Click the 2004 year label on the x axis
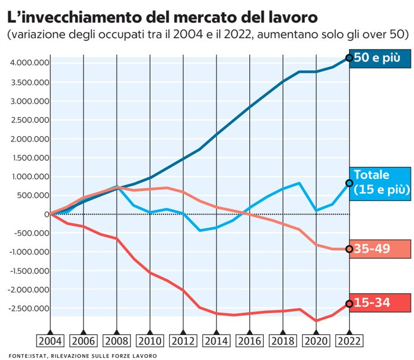click(x=50, y=340)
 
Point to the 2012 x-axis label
click(x=183, y=340)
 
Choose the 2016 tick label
click(x=250, y=340)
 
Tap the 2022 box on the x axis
click(x=349, y=340)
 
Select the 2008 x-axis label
click(x=117, y=340)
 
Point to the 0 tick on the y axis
click(x=45, y=214)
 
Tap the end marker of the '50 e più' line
click(x=349, y=57)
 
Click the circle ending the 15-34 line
click(x=349, y=303)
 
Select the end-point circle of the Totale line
click(x=349, y=183)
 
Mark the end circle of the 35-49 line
click(x=349, y=249)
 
